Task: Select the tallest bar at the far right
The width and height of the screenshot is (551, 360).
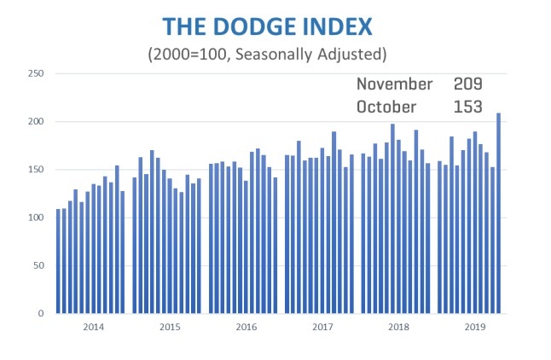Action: pyautogui.click(x=498, y=213)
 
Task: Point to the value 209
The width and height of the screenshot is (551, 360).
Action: pyautogui.click(x=468, y=84)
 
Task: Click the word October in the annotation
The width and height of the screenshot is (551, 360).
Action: pyautogui.click(x=386, y=107)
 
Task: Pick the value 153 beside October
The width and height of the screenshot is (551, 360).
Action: pyautogui.click(x=468, y=107)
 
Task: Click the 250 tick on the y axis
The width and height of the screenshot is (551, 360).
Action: pyautogui.click(x=36, y=74)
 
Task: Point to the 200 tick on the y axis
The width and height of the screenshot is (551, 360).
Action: pyautogui.click(x=36, y=122)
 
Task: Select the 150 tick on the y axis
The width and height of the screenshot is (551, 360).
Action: pyautogui.click(x=36, y=170)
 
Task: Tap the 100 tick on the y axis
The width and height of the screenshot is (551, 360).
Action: pyautogui.click(x=36, y=218)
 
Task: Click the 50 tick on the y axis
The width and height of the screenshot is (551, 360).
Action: pyautogui.click(x=38, y=265)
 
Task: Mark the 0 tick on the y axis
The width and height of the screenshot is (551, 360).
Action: pyautogui.click(x=41, y=313)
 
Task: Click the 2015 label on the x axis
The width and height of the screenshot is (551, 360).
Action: pyautogui.click(x=169, y=328)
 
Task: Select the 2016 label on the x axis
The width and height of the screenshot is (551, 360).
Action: pyautogui.click(x=246, y=328)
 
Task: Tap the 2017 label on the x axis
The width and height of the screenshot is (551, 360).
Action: pyautogui.click(x=322, y=328)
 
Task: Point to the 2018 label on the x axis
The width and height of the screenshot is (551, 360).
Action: pyautogui.click(x=397, y=328)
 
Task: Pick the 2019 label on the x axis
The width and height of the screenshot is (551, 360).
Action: pyautogui.click(x=473, y=328)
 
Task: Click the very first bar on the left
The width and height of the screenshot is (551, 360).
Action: pyautogui.click(x=58, y=261)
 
